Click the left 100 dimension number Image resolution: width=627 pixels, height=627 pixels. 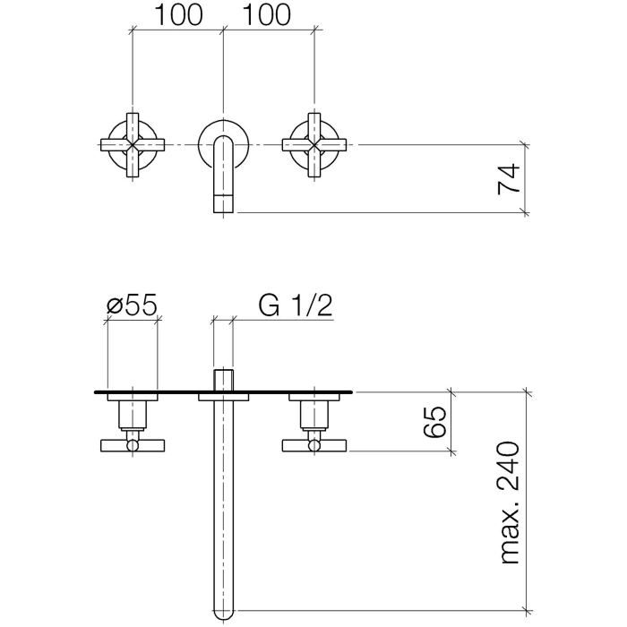179,15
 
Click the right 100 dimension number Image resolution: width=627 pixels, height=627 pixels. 268,15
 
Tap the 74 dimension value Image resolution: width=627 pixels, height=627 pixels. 509,178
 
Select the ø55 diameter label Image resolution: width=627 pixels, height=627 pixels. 133,306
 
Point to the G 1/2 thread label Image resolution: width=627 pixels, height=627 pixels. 296,306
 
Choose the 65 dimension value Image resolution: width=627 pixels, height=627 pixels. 434,421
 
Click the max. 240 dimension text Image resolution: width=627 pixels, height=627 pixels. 509,502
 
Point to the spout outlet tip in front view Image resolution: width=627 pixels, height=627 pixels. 223,202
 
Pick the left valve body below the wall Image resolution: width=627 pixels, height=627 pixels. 133,415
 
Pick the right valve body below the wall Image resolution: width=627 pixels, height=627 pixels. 313,415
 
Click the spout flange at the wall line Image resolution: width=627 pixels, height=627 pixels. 223,396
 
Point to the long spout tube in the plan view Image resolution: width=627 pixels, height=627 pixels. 223,511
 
